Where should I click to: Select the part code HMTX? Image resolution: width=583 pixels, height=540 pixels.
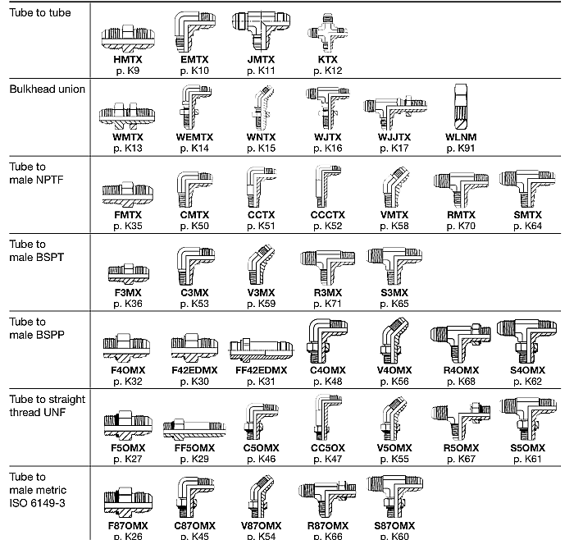127,60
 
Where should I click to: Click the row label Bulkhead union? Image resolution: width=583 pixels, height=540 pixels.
47,89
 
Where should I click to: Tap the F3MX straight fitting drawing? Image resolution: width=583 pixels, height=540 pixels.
128,270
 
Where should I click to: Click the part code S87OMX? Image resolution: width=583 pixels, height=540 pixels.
394,525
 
